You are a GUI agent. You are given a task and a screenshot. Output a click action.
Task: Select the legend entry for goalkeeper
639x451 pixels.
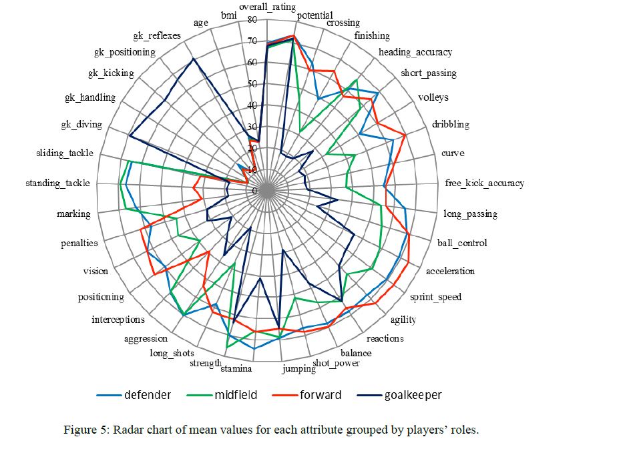[x=413, y=395]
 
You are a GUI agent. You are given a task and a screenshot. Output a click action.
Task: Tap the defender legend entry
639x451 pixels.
[x=147, y=395]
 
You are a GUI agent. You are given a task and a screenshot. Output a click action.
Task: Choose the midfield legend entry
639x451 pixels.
[x=236, y=395]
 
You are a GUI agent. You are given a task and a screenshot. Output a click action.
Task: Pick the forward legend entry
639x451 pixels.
[x=321, y=395]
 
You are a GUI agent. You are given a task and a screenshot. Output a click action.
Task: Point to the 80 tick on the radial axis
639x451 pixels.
[x=252, y=20]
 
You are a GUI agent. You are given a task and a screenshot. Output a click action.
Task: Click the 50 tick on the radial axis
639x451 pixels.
[x=252, y=84]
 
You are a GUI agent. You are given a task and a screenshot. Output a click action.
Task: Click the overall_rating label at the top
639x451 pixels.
[x=266, y=6]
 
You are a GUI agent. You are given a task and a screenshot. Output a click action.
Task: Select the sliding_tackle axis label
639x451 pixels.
[x=65, y=153]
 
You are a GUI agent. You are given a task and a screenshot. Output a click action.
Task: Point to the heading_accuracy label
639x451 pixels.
[x=415, y=52]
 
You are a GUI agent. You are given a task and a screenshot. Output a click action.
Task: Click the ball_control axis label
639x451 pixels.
[x=462, y=243]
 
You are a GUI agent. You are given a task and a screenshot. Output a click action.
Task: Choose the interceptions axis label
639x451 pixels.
[x=118, y=320]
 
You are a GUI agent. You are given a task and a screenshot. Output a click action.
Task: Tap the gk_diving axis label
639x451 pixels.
[x=79, y=125]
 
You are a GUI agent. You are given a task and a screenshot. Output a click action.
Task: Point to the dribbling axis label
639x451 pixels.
[x=450, y=124]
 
